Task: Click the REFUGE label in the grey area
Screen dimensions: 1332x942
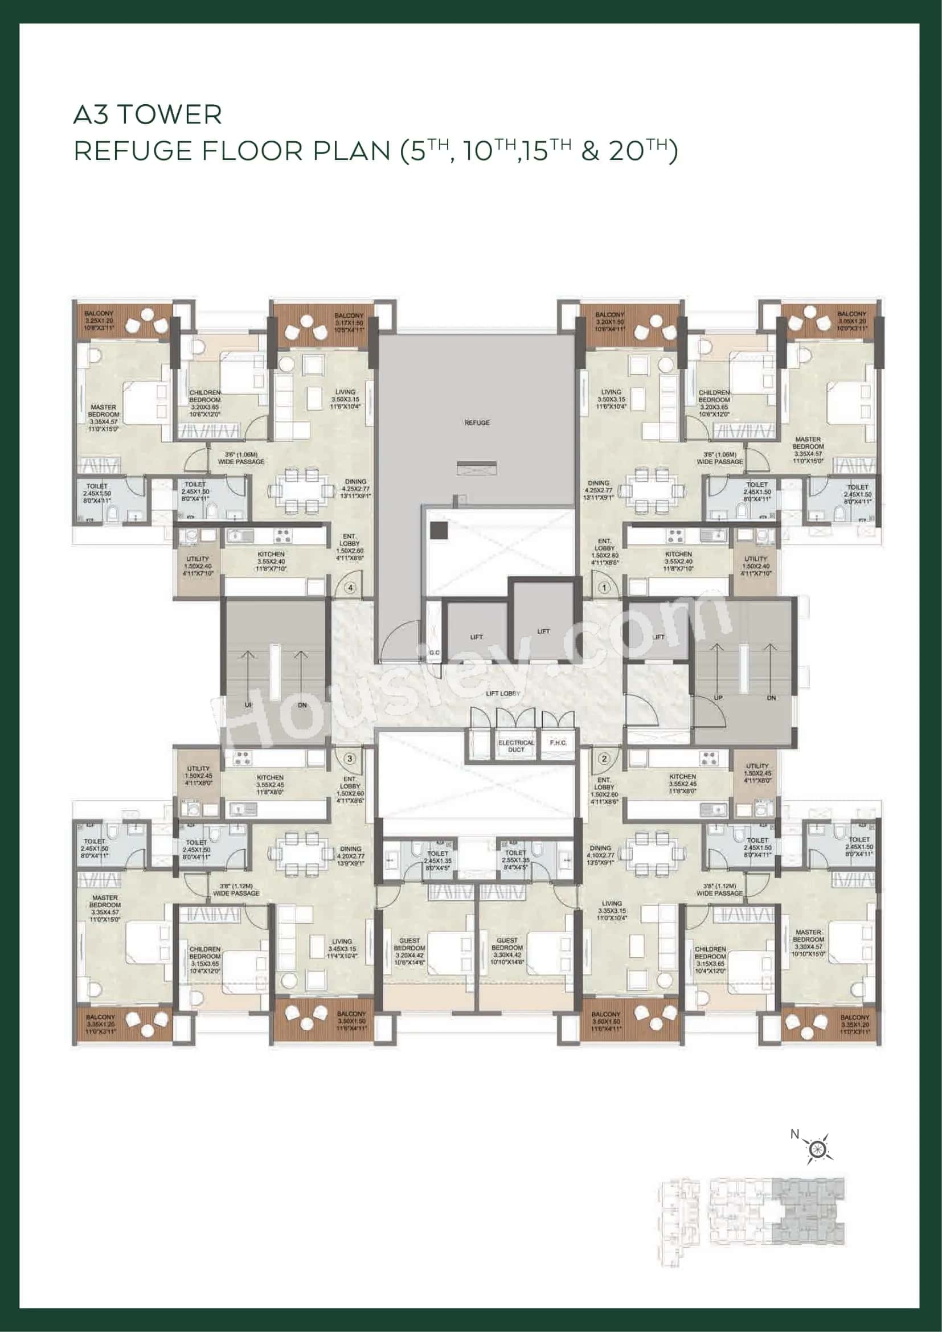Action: click(x=477, y=423)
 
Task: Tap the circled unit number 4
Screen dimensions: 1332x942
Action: click(x=350, y=588)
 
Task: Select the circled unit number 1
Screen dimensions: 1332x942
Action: click(x=604, y=588)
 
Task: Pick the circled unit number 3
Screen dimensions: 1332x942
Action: click(x=350, y=758)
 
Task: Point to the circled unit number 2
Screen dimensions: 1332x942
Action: click(x=604, y=758)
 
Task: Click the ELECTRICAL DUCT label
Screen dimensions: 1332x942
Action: click(x=515, y=745)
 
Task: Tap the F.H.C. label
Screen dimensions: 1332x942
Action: click(x=558, y=743)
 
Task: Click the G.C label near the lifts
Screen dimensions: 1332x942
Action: click(x=435, y=653)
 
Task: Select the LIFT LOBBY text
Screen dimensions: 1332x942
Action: click(x=503, y=693)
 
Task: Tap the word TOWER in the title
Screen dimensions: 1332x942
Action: click(x=171, y=115)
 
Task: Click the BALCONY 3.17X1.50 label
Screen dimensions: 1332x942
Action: click(x=349, y=322)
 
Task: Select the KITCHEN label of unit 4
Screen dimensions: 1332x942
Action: click(x=271, y=554)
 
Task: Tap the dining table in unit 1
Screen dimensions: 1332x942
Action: click(x=649, y=491)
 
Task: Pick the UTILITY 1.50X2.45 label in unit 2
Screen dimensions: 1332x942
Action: click(x=757, y=773)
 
